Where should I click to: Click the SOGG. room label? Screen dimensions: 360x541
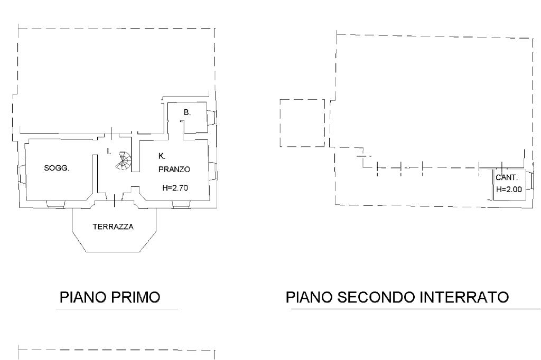[x=57, y=168]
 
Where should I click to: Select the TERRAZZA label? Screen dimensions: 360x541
[x=113, y=227]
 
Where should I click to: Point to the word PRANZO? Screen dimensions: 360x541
[x=174, y=169]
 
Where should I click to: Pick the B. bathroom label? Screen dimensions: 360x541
[x=187, y=112]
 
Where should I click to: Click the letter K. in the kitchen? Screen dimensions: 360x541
[x=162, y=156]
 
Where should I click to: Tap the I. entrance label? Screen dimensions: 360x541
[x=108, y=151]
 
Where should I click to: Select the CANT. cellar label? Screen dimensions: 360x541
[x=507, y=177]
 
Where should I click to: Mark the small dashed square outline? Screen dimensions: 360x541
[x=302, y=122]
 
